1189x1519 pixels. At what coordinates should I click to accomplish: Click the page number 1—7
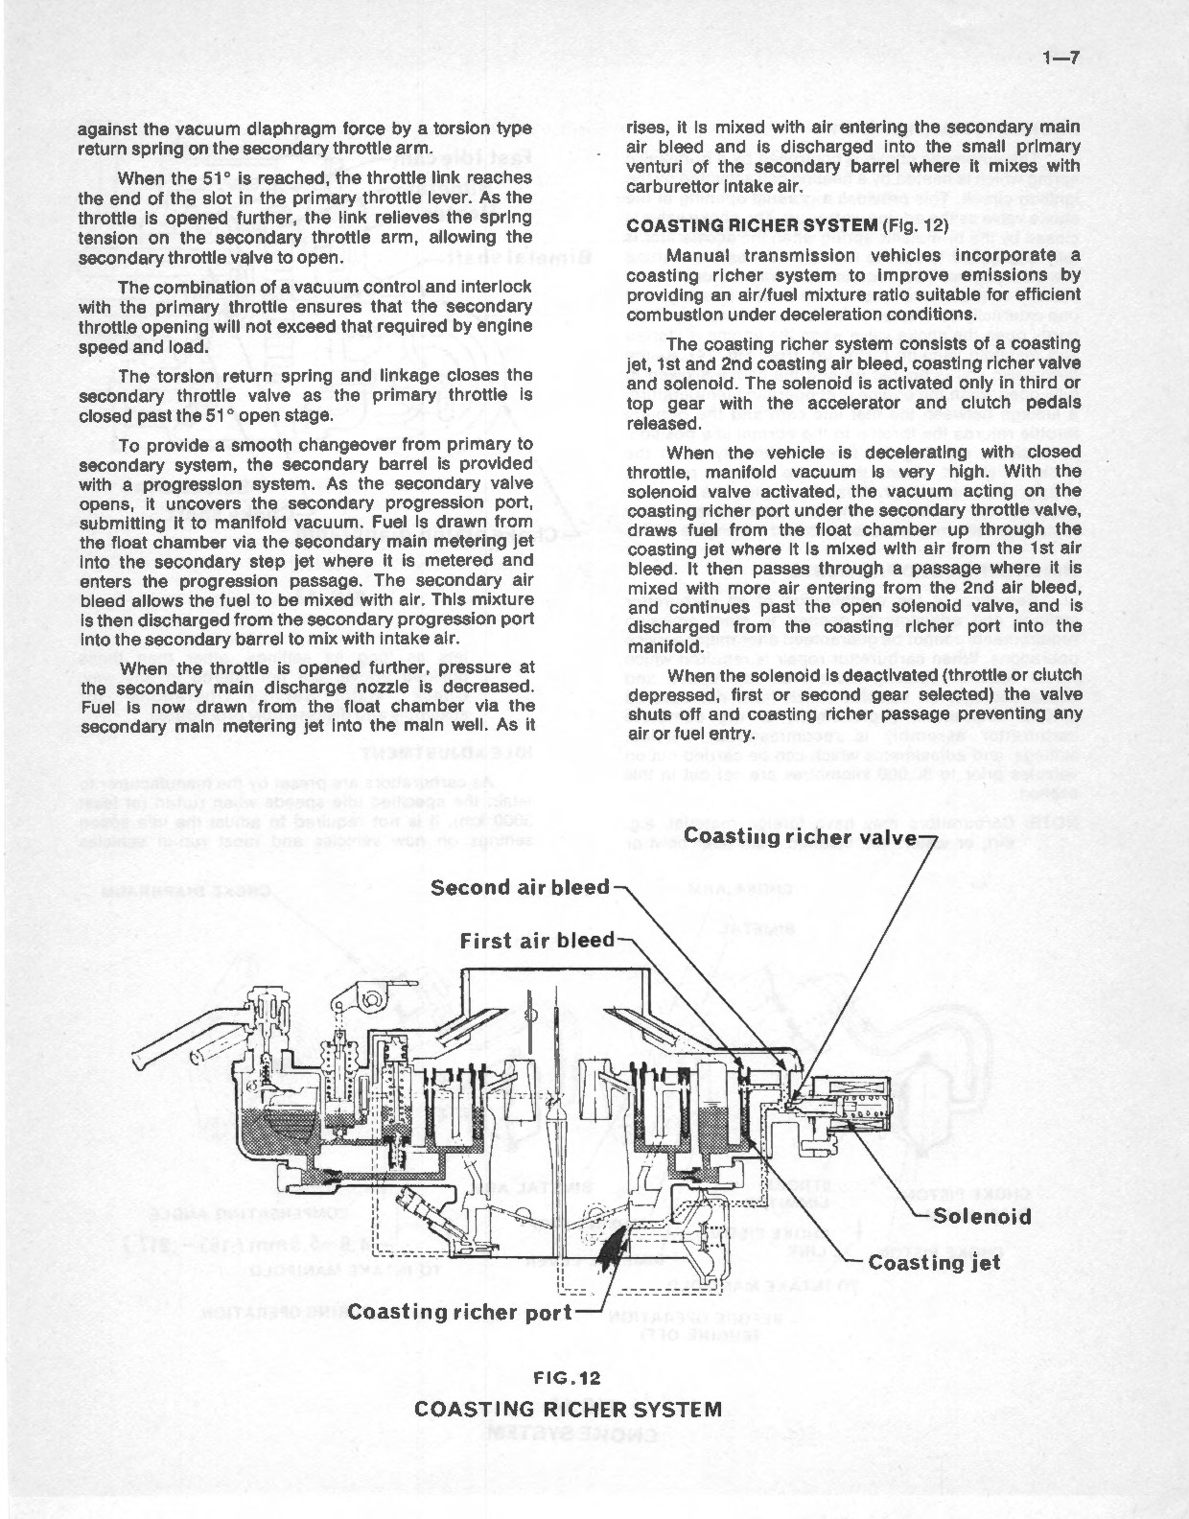coord(1061,58)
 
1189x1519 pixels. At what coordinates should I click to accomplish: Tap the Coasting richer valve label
coord(801,837)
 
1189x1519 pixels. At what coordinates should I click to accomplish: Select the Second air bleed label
coord(520,887)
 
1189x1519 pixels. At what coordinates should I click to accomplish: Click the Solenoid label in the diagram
coord(982,1217)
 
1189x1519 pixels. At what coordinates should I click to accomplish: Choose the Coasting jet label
coord(934,1262)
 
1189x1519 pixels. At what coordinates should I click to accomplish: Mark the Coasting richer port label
coord(459,1312)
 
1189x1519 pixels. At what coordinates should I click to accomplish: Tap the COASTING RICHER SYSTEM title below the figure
coord(568,1409)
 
